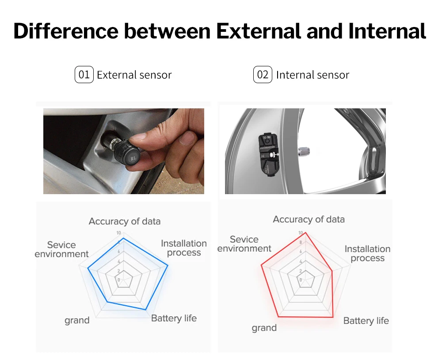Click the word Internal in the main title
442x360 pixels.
387,31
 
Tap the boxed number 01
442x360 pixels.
84,75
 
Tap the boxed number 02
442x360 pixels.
263,75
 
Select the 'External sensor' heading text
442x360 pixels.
134,75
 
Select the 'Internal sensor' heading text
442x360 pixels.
312,75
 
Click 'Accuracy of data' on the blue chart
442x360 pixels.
124,221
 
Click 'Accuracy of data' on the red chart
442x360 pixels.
309,219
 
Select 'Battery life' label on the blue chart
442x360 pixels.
174,318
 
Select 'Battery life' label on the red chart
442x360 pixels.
366,321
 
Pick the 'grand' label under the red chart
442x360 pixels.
264,328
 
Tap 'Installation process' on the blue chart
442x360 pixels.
183,248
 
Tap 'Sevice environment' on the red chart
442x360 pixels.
244,244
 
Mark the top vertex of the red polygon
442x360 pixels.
305,232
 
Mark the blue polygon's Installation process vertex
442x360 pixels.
168,266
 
